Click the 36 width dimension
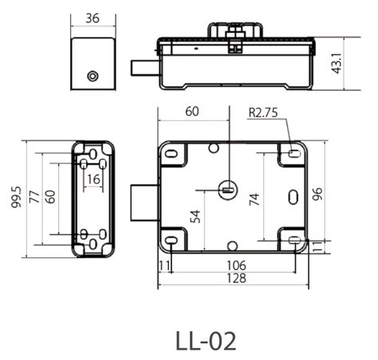point(93,18)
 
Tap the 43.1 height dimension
point(337,63)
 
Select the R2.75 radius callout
point(263,112)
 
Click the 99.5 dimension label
point(16,197)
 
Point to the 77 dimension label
point(34,197)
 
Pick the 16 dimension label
point(93,179)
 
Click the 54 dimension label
point(195,217)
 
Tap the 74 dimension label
point(254,199)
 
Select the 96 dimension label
point(317,194)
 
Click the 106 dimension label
point(236,265)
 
